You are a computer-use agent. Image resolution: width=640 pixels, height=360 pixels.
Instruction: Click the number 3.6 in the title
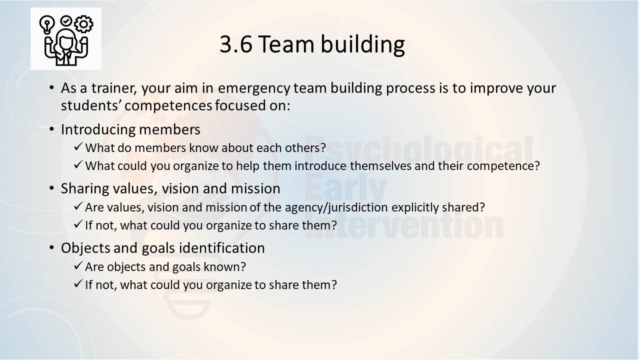tap(236, 44)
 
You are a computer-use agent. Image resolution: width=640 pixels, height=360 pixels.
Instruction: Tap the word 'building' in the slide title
tap(362, 45)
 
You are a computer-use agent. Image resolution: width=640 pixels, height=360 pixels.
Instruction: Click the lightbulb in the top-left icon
tap(47, 25)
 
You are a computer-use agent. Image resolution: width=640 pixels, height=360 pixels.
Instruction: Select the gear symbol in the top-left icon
tap(83, 24)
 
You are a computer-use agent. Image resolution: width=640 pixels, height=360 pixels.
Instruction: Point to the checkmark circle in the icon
tap(66, 21)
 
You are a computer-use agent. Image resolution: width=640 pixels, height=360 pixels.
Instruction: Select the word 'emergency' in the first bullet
tap(254, 88)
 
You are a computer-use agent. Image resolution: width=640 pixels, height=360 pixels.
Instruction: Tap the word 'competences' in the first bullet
tap(168, 106)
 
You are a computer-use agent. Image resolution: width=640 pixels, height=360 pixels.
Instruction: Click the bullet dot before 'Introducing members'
tap(51, 129)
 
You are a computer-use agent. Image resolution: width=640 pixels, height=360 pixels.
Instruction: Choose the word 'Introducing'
tap(98, 130)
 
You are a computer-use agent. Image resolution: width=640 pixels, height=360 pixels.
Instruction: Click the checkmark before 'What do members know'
tap(78, 147)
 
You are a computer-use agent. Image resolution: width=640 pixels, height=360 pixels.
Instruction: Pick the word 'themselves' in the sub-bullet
tap(380, 165)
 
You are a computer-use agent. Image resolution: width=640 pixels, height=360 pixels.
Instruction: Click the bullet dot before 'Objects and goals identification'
tap(51, 247)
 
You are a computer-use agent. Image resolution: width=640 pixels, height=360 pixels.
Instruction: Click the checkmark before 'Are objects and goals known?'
tap(78, 265)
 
